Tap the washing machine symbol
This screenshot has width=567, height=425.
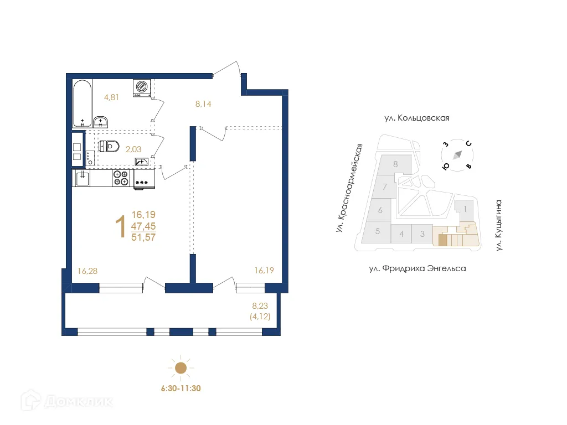pyautogui.click(x=142, y=87)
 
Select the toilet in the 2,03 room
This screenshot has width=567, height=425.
pyautogui.click(x=110, y=147)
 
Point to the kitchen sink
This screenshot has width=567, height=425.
pyautogui.click(x=83, y=178)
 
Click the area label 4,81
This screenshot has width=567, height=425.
pyautogui.click(x=112, y=98)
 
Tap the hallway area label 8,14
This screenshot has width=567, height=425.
pyautogui.click(x=203, y=103)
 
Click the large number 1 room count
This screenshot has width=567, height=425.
pyautogui.click(x=119, y=227)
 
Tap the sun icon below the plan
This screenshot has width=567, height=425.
pyautogui.click(x=180, y=368)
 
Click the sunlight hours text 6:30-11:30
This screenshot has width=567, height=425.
pyautogui.click(x=180, y=388)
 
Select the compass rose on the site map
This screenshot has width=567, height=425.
pyautogui.click(x=457, y=156)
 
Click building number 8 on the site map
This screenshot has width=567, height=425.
pyautogui.click(x=395, y=164)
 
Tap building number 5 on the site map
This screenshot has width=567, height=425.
pyautogui.click(x=377, y=231)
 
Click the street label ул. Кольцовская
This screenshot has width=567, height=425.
pyautogui.click(x=416, y=118)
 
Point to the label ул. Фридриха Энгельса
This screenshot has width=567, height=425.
pyautogui.click(x=417, y=269)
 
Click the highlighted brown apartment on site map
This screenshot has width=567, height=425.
pyautogui.click(x=442, y=240)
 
